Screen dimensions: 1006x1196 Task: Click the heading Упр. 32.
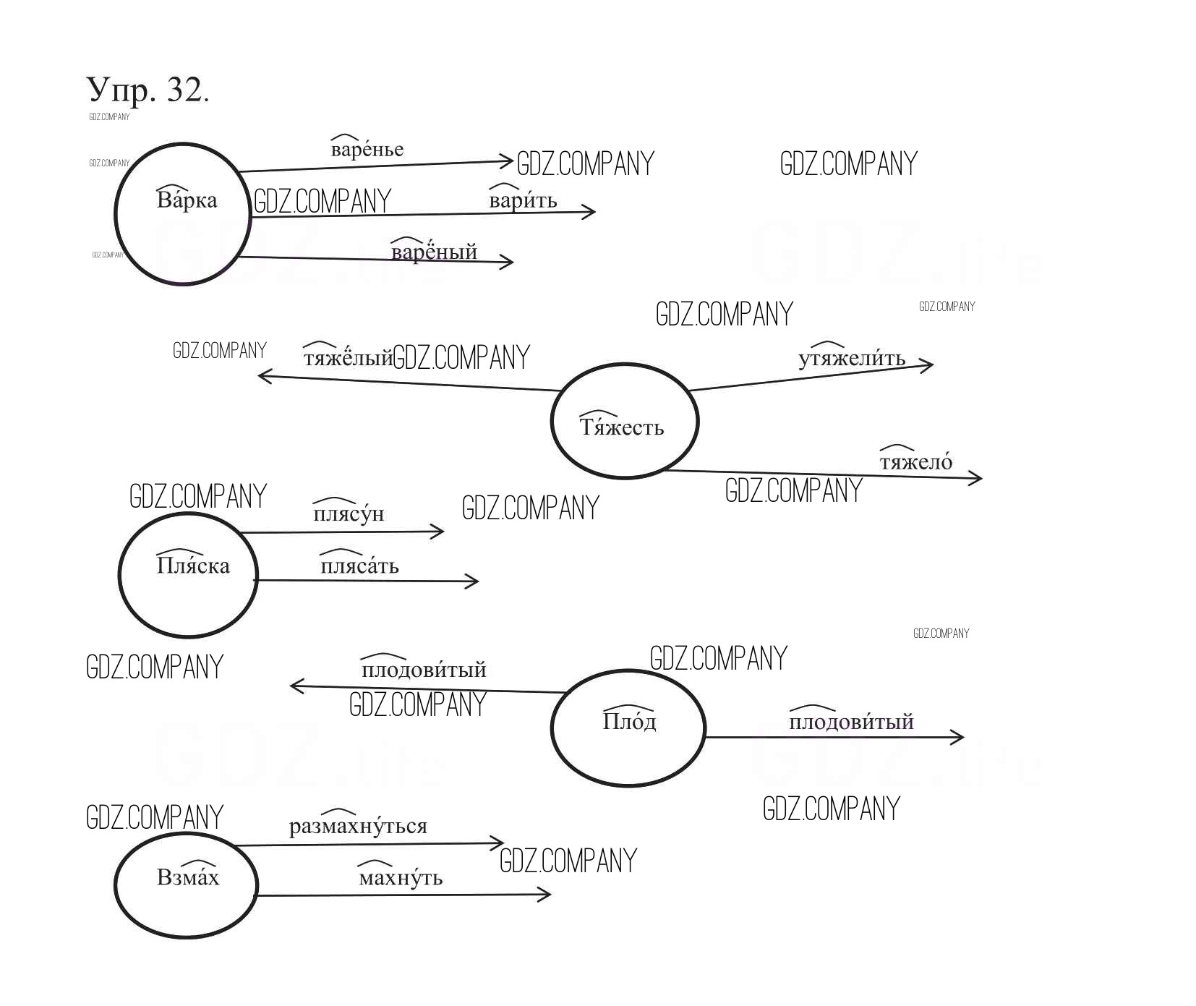click(148, 90)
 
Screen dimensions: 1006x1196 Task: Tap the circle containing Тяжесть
click(624, 422)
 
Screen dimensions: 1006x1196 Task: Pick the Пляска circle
click(188, 574)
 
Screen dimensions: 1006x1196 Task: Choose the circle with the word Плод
click(628, 727)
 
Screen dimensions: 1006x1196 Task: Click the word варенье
click(367, 150)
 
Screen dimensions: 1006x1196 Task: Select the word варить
click(523, 200)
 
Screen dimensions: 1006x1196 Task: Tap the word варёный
click(434, 252)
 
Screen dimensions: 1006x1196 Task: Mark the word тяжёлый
click(348, 358)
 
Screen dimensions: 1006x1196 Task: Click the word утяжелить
click(851, 359)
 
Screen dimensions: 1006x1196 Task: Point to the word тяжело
click(915, 461)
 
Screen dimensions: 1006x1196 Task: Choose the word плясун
click(348, 513)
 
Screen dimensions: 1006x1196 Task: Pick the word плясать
click(359, 565)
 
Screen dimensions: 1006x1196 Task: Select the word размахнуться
click(358, 826)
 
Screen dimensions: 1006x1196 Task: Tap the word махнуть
click(400, 878)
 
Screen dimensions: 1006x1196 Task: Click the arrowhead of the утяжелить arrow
click(928, 365)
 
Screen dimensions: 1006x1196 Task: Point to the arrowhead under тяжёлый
click(263, 375)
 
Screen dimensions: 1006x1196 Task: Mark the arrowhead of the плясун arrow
click(439, 532)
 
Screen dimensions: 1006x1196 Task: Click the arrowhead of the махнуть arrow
click(546, 895)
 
